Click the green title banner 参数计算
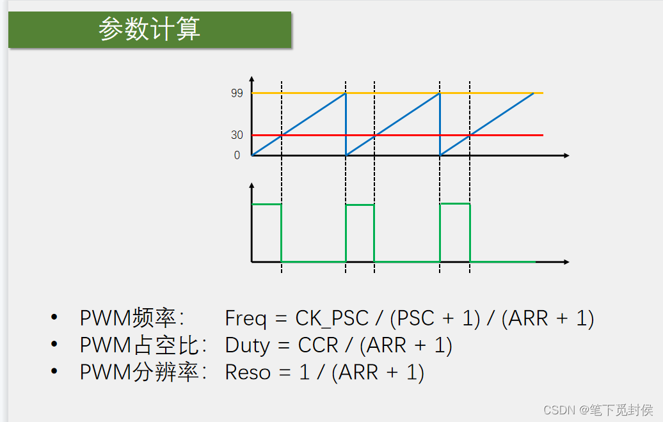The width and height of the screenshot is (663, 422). tap(150, 29)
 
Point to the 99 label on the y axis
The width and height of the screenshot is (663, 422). tap(237, 93)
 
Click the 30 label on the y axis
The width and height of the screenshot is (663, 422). tap(237, 135)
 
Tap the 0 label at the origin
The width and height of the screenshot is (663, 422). tap(237, 155)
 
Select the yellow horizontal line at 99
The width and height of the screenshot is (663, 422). tap(397, 93)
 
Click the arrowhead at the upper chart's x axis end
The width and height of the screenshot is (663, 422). tap(565, 155)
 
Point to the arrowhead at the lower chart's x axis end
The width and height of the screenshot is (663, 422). tap(565, 262)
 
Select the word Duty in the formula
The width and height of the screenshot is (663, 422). tap(248, 345)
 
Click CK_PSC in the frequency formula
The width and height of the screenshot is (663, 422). tap(331, 318)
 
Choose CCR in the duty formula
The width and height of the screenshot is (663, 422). tap(317, 345)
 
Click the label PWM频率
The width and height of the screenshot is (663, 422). tap(132, 318)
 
